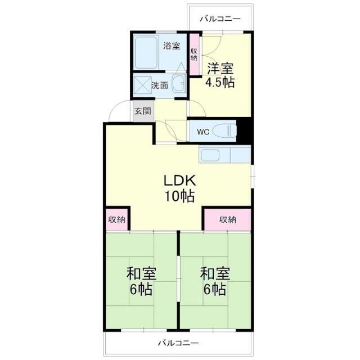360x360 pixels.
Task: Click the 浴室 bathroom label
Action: pyautogui.click(x=172, y=46)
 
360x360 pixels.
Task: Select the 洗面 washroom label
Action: pyautogui.click(x=159, y=85)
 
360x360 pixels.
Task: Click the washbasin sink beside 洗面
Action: pyautogui.click(x=179, y=84)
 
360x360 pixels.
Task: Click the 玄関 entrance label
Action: pyautogui.click(x=142, y=111)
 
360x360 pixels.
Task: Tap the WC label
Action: pyautogui.click(x=203, y=133)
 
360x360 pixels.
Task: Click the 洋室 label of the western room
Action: pyautogui.click(x=220, y=69)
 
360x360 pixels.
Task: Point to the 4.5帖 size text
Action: pyautogui.click(x=220, y=82)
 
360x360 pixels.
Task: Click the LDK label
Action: pyautogui.click(x=179, y=181)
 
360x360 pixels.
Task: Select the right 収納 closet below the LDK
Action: pyautogui.click(x=227, y=219)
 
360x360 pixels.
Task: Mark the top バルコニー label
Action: pyautogui.click(x=221, y=19)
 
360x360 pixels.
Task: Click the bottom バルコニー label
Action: pyautogui.click(x=178, y=343)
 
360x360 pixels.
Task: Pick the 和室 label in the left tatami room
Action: pyautogui.click(x=141, y=274)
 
